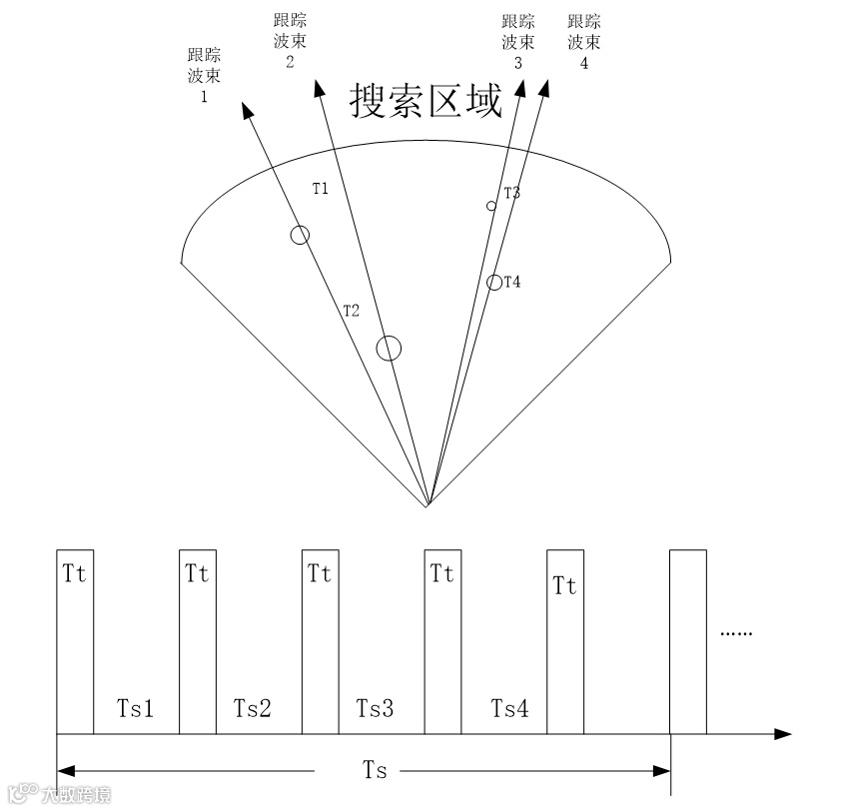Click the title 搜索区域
pos(425,101)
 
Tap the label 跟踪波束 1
pos(204,76)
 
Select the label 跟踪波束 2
pos(289,41)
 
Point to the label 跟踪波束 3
pos(517,41)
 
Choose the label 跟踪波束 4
pos(582,41)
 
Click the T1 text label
pos(320,188)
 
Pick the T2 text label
pos(350,311)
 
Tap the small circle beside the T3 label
pos(490,206)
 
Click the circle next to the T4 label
pos(493,283)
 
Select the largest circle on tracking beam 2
pos(389,348)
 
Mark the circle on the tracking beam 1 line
pos(300,235)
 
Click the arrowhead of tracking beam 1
pos(244,107)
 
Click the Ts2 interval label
pos(253,709)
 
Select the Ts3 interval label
pos(375,709)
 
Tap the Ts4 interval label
pos(509,709)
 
